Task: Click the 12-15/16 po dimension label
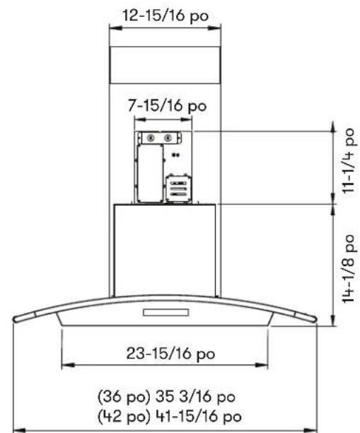(166, 16)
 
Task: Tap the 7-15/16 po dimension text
(167, 105)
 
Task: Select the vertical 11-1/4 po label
(348, 161)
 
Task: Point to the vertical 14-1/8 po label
(348, 268)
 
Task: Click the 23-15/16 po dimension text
(170, 354)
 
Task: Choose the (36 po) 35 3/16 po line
(166, 396)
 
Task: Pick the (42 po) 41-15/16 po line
(170, 416)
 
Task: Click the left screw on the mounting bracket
(151, 138)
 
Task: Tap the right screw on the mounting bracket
(168, 138)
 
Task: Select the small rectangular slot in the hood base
(166, 312)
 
